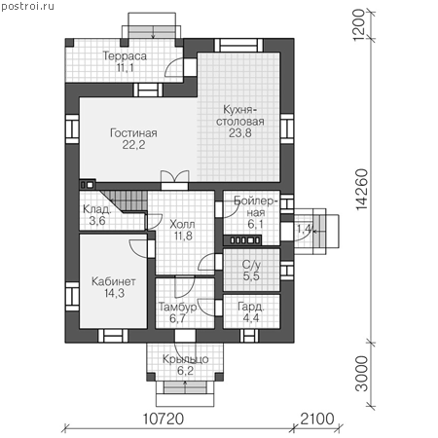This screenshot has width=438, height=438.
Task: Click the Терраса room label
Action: [x=125, y=56]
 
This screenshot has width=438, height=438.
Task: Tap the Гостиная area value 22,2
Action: [x=133, y=145]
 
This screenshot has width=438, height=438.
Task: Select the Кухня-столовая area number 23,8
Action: [x=240, y=132]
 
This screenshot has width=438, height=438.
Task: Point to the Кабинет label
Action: [x=114, y=281]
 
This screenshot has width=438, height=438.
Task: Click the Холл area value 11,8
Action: [x=183, y=236]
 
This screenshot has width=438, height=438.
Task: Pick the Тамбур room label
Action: [x=177, y=307]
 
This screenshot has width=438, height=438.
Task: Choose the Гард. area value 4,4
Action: [x=251, y=317]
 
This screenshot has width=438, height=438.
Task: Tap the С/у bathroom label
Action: [x=251, y=265]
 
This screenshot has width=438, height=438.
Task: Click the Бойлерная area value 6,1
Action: [x=255, y=224]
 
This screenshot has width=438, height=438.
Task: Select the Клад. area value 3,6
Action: [x=97, y=221]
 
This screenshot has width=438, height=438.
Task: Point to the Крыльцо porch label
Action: [x=185, y=359]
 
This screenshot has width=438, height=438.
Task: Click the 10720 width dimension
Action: [x=164, y=419]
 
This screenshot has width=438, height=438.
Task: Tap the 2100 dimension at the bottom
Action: [x=317, y=419]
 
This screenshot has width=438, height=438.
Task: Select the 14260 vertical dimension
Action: [x=362, y=190]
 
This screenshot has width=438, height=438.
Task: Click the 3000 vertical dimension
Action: [x=362, y=374]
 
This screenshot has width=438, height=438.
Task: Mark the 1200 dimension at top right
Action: [x=358, y=25]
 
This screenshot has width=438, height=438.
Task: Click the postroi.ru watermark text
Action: [x=27, y=7]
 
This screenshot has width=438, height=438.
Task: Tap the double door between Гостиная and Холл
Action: [x=175, y=179]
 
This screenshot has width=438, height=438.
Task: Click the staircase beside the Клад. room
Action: [x=125, y=201]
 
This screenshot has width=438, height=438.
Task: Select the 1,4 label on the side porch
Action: [x=305, y=229]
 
